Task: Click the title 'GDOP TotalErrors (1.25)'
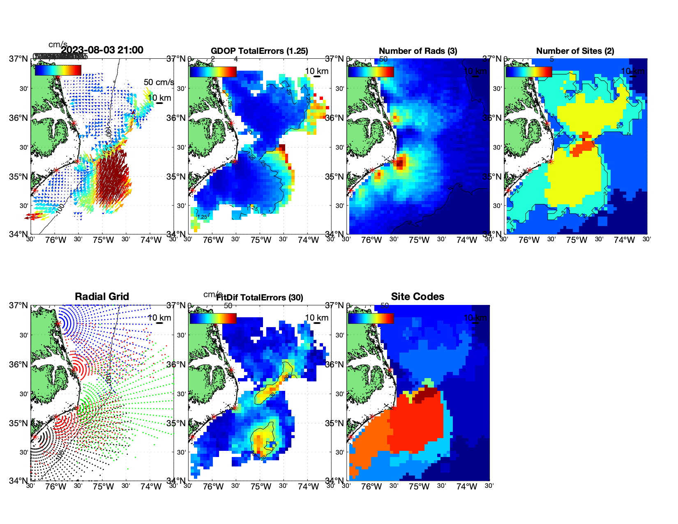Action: (259, 51)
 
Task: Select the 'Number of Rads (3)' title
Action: (417, 51)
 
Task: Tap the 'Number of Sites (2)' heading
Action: (575, 51)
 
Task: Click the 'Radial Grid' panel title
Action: (102, 297)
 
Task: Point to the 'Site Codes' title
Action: (417, 297)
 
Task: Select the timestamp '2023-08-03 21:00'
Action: (102, 50)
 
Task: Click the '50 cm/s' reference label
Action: (159, 82)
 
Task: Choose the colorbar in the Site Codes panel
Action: (371, 318)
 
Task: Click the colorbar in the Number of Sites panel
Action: (529, 72)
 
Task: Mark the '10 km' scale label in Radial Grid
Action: (159, 318)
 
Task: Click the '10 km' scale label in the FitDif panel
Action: (317, 318)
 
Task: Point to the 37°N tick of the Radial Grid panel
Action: (18, 305)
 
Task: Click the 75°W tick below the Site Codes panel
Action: (419, 487)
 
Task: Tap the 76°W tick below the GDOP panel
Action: (213, 240)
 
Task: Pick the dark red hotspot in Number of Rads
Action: (401, 162)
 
